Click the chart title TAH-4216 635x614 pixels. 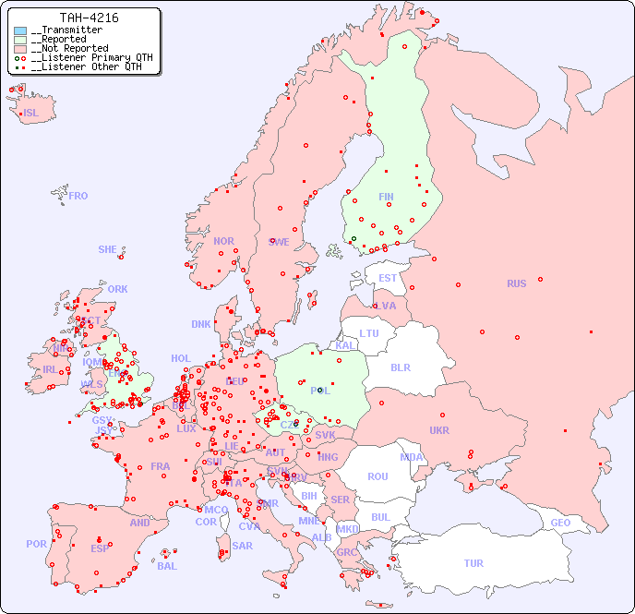click(89, 18)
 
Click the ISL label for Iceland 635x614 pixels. click(31, 114)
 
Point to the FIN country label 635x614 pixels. click(386, 197)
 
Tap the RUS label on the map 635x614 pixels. click(516, 283)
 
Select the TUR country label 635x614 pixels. click(473, 563)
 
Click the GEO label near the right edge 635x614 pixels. click(560, 523)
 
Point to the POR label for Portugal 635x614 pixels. click(36, 544)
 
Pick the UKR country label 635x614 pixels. click(439, 430)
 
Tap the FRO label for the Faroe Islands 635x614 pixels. click(78, 196)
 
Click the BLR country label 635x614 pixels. click(400, 367)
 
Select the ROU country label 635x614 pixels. click(377, 476)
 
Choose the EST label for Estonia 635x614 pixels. click(388, 278)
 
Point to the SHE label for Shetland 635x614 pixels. click(107, 249)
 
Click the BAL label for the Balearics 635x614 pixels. click(166, 566)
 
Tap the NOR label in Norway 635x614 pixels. click(223, 241)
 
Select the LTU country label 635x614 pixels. click(369, 333)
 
